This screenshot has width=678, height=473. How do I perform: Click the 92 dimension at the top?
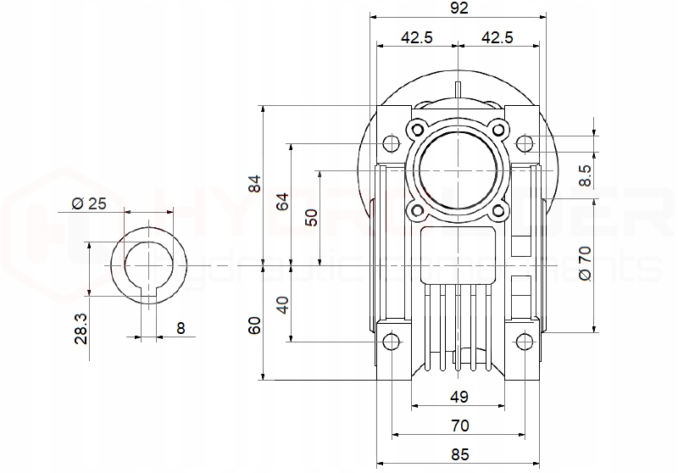pyautogui.click(x=458, y=8)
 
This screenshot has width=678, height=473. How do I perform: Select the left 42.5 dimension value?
pyautogui.click(x=416, y=37)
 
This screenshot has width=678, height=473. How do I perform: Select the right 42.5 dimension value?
pyautogui.click(x=497, y=37)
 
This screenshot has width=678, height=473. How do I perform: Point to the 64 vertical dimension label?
pyautogui.click(x=283, y=202)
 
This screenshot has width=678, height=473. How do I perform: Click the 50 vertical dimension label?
pyautogui.click(x=312, y=216)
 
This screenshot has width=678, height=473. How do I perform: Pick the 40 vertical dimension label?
pyautogui.click(x=283, y=304)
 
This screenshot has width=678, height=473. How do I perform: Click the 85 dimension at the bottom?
pyautogui.click(x=458, y=455)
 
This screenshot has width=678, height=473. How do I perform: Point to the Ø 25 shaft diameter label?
pyautogui.click(x=89, y=203)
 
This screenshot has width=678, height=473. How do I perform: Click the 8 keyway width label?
pyautogui.click(x=181, y=328)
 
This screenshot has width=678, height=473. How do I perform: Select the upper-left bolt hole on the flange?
pyautogui.click(x=417, y=129)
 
